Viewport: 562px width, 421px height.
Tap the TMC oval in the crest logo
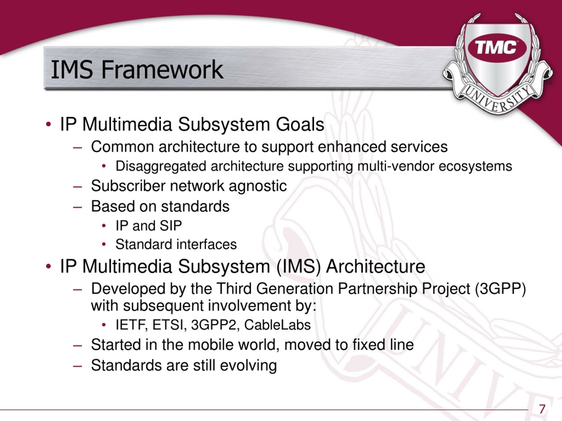[497, 48]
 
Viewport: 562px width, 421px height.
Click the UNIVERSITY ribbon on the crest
[497, 98]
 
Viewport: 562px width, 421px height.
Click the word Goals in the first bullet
[300, 125]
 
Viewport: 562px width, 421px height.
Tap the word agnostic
[258, 186]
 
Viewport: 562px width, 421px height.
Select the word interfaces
[206, 244]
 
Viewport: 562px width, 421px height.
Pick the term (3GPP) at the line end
[500, 289]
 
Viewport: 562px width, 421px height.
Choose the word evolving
[248, 366]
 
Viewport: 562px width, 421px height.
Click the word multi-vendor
[396, 166]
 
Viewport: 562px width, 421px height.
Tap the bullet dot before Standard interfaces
[104, 245]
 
